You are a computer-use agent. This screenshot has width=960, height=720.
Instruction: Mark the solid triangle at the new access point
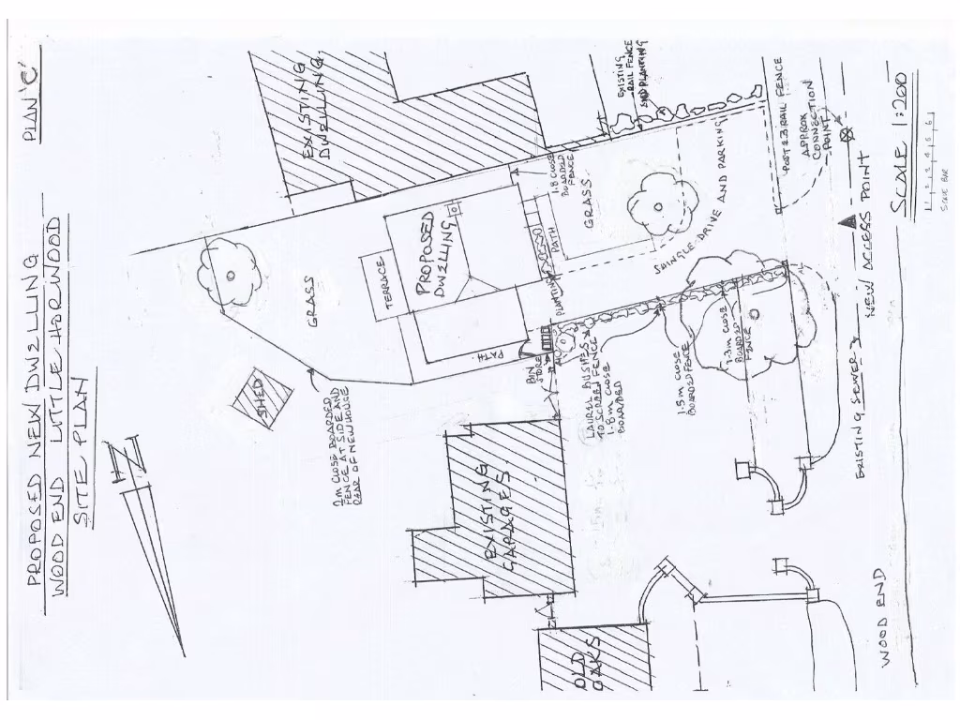click(845, 223)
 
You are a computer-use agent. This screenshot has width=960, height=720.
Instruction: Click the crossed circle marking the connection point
click(850, 133)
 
